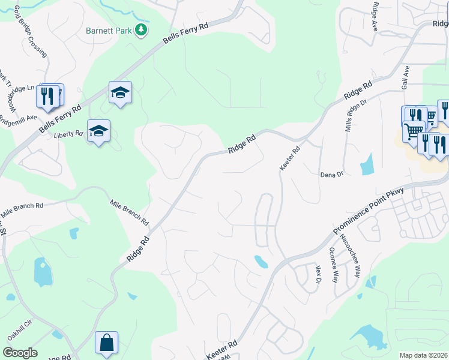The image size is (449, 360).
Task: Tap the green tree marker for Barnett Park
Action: click(x=141, y=29)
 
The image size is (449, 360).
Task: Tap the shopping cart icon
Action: click(x=413, y=131)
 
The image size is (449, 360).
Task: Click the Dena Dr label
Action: click(x=331, y=174)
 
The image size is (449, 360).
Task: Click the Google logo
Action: click(x=20, y=353)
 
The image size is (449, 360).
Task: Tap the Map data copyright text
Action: click(x=424, y=355)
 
